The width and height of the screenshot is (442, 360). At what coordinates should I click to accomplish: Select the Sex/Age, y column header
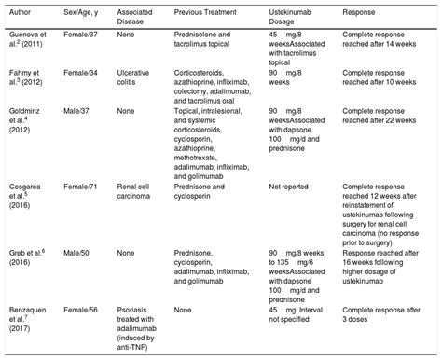[82, 15]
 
